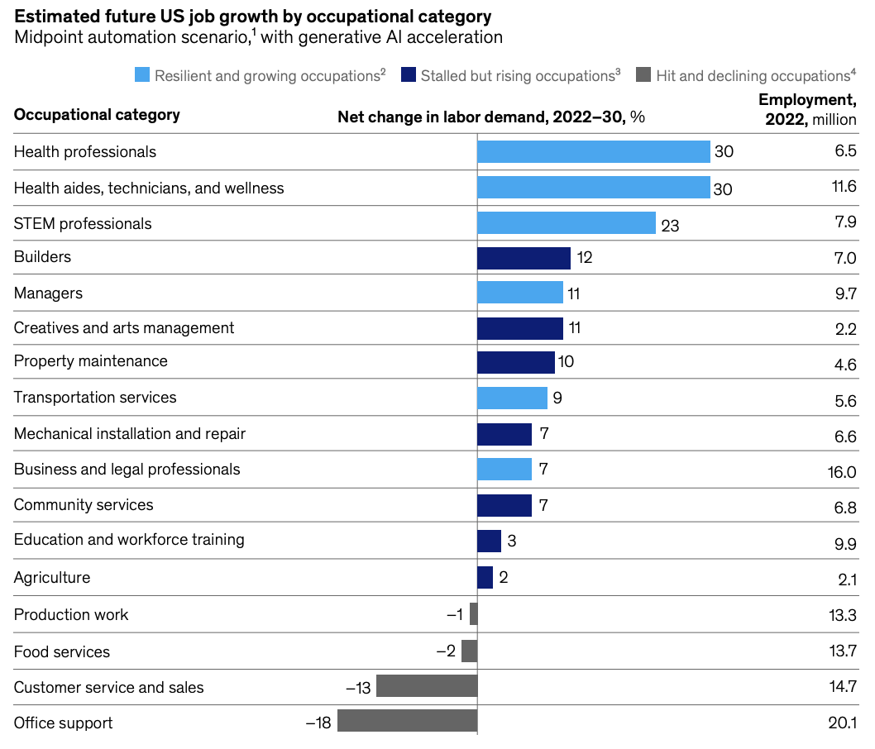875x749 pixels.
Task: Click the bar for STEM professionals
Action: pyautogui.click(x=567, y=223)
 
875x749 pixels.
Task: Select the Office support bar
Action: pyautogui.click(x=407, y=721)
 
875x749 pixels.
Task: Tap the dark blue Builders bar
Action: pyautogui.click(x=524, y=258)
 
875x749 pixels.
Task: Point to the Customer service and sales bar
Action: pyautogui.click(x=427, y=686)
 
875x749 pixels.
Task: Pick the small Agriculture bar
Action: pyautogui.click(x=485, y=577)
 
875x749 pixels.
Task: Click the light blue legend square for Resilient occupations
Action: pyautogui.click(x=142, y=75)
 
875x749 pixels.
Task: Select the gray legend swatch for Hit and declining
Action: pyautogui.click(x=643, y=75)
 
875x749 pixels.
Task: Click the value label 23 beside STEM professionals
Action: pyautogui.click(x=670, y=225)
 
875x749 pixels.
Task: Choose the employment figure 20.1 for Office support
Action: pyautogui.click(x=841, y=723)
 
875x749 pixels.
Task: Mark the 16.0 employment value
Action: pyautogui.click(x=841, y=471)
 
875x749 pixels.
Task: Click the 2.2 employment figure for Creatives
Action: pyautogui.click(x=845, y=329)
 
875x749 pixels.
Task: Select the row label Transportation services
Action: pyautogui.click(x=95, y=398)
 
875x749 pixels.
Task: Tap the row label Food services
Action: pyautogui.click(x=62, y=652)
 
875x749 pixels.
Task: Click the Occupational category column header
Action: pyautogui.click(x=97, y=115)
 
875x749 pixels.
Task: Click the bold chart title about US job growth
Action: pyautogui.click(x=252, y=17)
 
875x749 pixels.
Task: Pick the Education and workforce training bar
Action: pyautogui.click(x=489, y=541)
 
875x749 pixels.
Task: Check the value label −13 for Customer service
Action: pyautogui.click(x=358, y=688)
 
